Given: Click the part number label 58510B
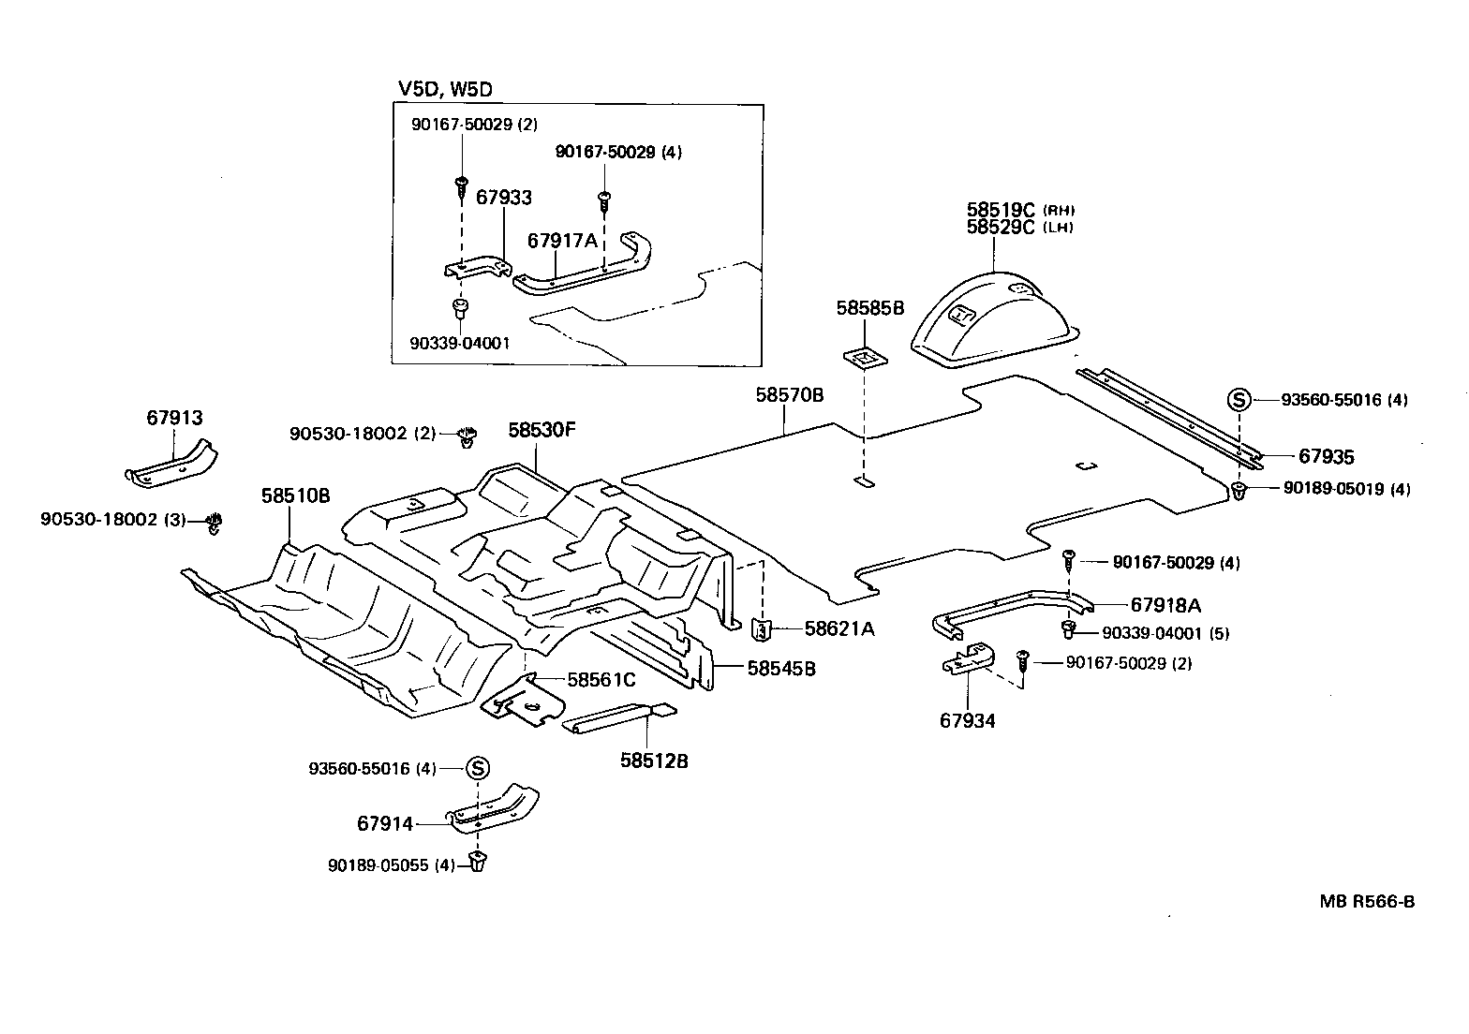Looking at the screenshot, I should pos(295,495).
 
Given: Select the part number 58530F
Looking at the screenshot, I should pos(542,431).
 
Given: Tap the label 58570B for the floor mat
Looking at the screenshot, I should pos(790,395).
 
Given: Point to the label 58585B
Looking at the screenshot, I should pos(870,307).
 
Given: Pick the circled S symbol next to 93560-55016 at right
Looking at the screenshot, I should pos(1239,401).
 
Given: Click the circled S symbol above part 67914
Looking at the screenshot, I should pos(477,769).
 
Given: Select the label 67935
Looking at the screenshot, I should pos(1326,457).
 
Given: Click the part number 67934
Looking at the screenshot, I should pos(968,720).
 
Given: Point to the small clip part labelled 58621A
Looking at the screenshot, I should pos(763,629).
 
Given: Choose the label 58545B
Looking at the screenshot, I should pos(781,669).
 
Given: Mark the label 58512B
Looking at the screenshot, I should pos(654,761).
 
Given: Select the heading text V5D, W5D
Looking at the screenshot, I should pos(446,89).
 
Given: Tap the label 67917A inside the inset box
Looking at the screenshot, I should pos(562,241).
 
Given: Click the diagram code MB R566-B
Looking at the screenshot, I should pos(1367,902).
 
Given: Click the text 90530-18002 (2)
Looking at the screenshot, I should pos(363,434).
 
